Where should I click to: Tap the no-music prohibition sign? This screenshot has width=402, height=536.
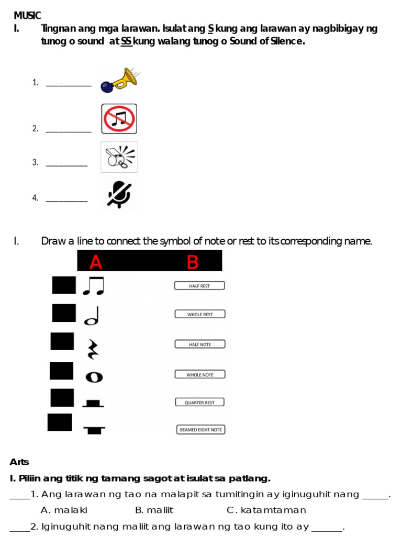[119, 118]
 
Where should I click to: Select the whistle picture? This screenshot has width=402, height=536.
[119, 157]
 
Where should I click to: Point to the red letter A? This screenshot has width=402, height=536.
[95, 262]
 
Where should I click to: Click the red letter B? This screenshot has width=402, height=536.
[192, 262]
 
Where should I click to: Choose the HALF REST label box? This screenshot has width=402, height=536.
[199, 286]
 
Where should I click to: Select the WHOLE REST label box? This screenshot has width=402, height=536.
[199, 314]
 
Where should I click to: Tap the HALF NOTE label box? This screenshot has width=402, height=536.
[199, 344]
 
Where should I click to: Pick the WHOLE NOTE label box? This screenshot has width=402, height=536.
[199, 374]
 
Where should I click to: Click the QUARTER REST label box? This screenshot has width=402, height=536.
[199, 402]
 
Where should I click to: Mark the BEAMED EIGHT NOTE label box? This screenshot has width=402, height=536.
[200, 430]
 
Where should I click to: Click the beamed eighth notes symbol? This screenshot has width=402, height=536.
[93, 286]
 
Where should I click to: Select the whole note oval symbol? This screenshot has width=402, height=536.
[94, 377]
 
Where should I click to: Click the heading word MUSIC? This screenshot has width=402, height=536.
[27, 16]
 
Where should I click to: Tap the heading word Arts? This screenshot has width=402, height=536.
[19, 462]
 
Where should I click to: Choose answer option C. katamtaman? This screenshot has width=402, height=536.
[266, 510]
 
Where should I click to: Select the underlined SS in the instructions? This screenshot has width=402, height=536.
[126, 41]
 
